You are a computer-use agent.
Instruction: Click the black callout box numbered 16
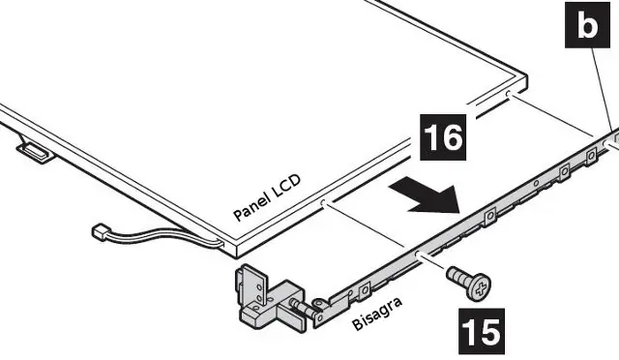[443, 137]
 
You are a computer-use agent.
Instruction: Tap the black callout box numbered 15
[482, 331]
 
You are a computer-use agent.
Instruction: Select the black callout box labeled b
[587, 25]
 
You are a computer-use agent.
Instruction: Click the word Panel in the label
[251, 204]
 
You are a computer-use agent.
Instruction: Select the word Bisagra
[377, 314]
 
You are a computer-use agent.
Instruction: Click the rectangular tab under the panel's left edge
[35, 152]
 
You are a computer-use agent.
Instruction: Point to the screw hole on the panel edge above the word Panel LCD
[324, 203]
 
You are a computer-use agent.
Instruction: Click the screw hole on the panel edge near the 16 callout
[508, 94]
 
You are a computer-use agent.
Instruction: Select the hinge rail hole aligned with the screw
[419, 253]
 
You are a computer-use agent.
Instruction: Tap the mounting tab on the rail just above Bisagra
[365, 290]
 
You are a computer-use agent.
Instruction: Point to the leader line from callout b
[602, 90]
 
